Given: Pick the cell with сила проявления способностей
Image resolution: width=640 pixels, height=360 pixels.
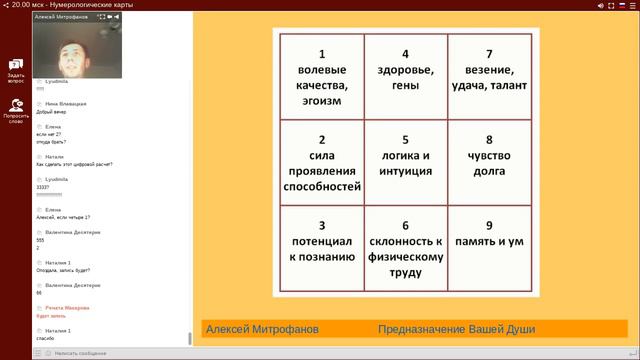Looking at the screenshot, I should click(322, 163).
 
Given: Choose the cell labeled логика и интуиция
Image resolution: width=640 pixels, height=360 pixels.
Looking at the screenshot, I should click(405, 163).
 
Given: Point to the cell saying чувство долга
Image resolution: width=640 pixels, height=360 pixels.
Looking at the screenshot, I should click(489, 163).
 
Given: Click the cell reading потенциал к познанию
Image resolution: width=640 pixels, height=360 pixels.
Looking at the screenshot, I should click(322, 248).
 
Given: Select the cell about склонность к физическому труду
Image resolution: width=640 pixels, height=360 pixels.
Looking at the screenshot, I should click(405, 248).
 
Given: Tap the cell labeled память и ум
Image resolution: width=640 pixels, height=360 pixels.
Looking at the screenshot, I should click(489, 248).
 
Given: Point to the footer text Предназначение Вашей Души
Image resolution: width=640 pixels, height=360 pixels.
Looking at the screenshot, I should click(456, 329).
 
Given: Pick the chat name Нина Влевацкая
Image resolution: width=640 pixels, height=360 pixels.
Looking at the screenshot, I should click(67, 103).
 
